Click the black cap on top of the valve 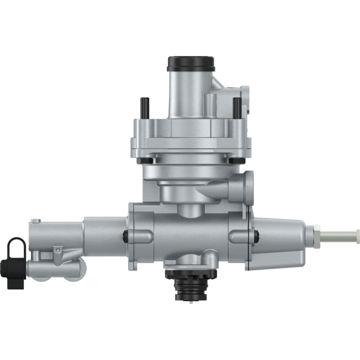coord(191,63)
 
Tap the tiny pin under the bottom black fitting coord(190,303)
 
